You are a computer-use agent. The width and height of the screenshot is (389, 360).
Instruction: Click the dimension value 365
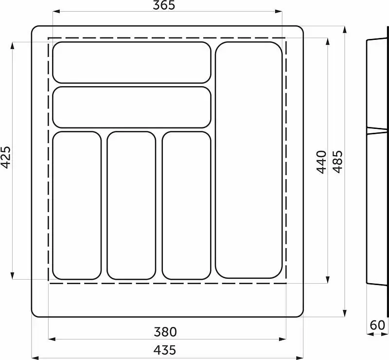[164, 5]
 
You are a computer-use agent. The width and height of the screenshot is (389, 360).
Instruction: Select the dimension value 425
[6, 157]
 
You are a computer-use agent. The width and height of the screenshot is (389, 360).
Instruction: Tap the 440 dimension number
[321, 162]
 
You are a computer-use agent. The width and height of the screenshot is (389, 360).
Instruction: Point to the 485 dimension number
[337, 162]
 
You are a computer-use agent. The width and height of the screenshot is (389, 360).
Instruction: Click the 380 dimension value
[165, 332]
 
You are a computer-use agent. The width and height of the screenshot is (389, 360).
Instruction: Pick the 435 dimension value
[165, 350]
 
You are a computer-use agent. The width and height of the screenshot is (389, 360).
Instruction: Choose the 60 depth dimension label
[377, 325]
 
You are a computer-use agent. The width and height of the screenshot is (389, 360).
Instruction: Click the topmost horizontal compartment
[132, 62]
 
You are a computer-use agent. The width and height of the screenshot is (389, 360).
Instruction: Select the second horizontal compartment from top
[132, 107]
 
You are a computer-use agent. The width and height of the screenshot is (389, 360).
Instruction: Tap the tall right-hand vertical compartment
[249, 160]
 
